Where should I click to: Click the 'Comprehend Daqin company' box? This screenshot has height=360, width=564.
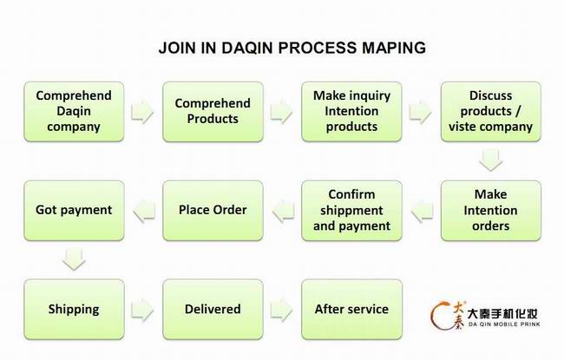pos(74,112)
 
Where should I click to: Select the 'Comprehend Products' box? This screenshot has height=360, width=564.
pos(213,112)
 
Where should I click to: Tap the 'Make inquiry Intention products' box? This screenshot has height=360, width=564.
pos(351,112)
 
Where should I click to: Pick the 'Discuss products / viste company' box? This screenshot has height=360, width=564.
pos(491,112)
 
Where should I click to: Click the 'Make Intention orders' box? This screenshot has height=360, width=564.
pos(491,211)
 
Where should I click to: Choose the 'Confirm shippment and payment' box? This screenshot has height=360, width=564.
pos(351,211)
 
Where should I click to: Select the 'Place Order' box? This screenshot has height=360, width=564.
pos(213,211)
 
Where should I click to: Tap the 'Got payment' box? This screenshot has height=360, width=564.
pos(74,211)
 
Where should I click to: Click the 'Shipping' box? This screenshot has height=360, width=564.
pos(74,310)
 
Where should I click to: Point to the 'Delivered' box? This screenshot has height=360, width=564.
pos(213,310)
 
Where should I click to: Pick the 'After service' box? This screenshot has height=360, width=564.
pos(351,310)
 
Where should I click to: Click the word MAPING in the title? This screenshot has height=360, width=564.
pos(394,48)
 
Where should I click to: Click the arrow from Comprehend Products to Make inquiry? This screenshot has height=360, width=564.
pos(281,112)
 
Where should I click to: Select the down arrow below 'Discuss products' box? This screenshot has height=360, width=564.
pos(491,160)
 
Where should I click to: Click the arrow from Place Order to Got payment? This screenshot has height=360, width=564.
pos(144,211)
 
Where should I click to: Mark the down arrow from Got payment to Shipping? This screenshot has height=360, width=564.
pos(74,259)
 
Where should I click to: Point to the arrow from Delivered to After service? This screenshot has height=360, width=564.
pos(281,310)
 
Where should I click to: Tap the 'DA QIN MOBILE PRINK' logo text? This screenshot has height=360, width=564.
pos(504,324)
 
